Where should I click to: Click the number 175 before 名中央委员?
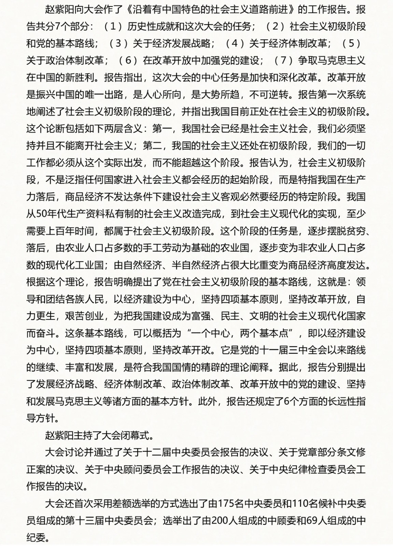coord(226,503)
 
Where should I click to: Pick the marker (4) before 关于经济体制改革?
coord(235,43)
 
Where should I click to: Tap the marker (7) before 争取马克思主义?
coord(284,60)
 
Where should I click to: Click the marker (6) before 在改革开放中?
coord(128,60)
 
